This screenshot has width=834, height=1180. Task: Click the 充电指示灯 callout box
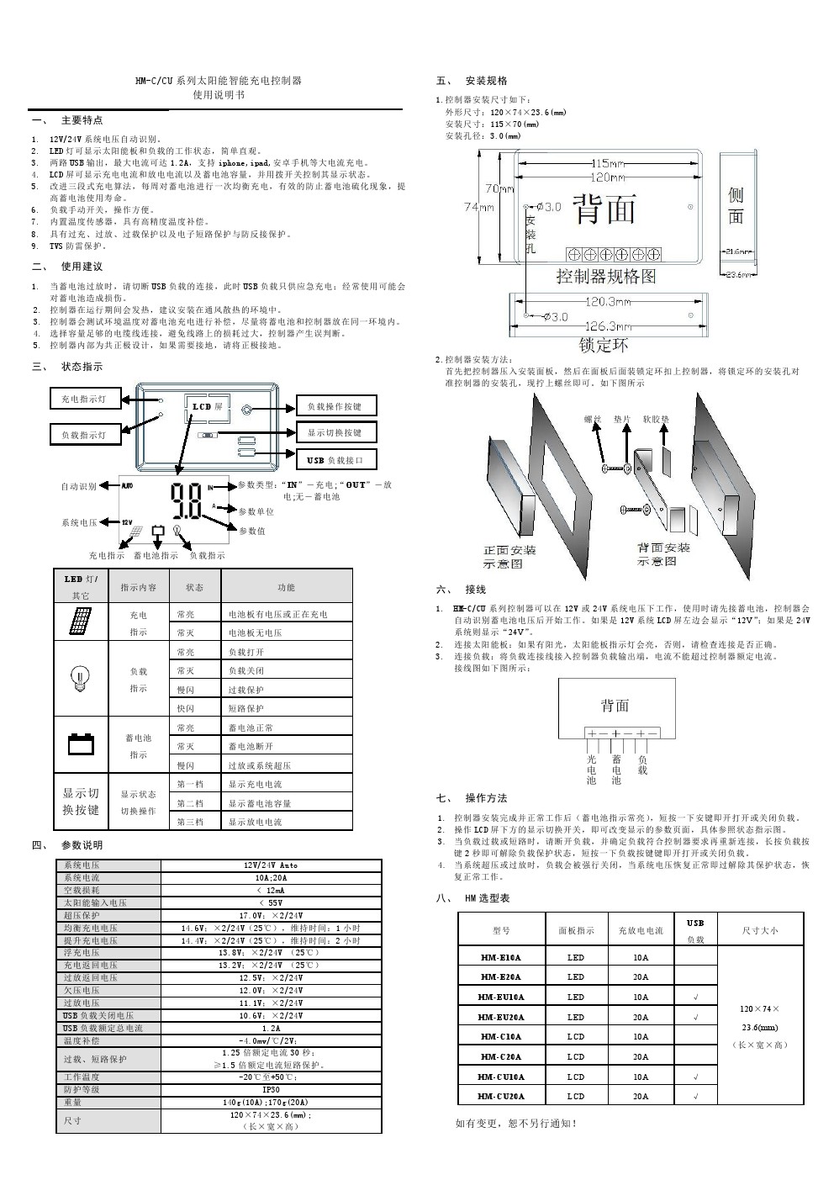click(x=85, y=399)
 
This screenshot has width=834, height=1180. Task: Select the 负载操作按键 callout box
click(x=335, y=406)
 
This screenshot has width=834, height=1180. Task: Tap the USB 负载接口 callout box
click(x=335, y=460)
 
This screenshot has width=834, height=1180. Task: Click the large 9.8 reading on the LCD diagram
click(x=186, y=502)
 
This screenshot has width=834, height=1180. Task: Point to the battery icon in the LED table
click(x=82, y=743)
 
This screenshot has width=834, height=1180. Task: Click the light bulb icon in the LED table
click(x=81, y=678)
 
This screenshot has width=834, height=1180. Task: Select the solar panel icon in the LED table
click(x=81, y=622)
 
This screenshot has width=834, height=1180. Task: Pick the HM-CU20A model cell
click(x=501, y=1096)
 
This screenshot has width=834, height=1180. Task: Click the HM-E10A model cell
click(x=501, y=957)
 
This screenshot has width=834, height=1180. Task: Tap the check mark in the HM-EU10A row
click(x=696, y=997)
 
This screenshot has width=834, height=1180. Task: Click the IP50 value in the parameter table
click(x=271, y=1089)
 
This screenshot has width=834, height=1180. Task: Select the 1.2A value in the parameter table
click(x=271, y=1028)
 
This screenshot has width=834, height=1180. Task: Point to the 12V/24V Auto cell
click(x=271, y=865)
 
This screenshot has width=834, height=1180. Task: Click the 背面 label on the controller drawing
click(x=604, y=209)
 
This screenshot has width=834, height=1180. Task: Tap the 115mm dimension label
click(x=608, y=163)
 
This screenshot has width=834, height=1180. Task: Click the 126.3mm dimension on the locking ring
click(x=608, y=325)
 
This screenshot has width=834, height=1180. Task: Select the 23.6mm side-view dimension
click(x=740, y=274)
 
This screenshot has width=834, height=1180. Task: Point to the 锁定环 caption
click(x=604, y=345)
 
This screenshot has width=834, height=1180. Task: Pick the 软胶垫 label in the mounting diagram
click(x=656, y=418)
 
